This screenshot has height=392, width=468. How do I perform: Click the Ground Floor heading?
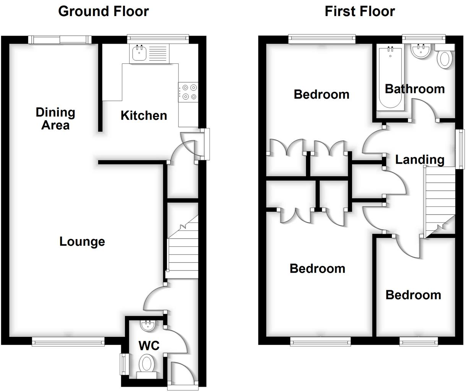pyautogui.click(x=103, y=11)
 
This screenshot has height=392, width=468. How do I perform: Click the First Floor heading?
pyautogui.click(x=359, y=11)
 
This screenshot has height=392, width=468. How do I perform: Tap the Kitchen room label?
pyautogui.click(x=144, y=115)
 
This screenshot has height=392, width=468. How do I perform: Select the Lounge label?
pyautogui.click(x=82, y=242)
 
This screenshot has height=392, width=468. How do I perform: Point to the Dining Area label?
pyautogui.click(x=55, y=119)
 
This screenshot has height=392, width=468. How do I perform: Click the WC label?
pyautogui.click(x=149, y=346)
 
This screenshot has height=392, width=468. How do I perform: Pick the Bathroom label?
pyautogui.click(x=415, y=89)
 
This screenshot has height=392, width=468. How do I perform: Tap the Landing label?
pyautogui.click(x=419, y=159)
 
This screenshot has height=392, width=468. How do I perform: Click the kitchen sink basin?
pyautogui.click(x=138, y=54)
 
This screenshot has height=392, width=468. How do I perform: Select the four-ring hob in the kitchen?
pyautogui.click(x=188, y=92)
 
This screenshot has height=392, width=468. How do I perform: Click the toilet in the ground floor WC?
pyautogui.click(x=146, y=364)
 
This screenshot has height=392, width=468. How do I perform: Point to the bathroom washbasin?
pyautogui.click(x=421, y=51)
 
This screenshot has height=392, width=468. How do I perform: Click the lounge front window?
pyautogui.click(x=68, y=342)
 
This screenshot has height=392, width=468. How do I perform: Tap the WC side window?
pyautogui.click(x=123, y=364)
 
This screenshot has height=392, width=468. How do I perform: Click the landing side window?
pyautogui.click(x=461, y=149)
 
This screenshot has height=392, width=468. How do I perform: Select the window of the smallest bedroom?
pyautogui.click(x=418, y=341)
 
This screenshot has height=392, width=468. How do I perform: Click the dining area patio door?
pyautogui.click(x=60, y=39)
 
